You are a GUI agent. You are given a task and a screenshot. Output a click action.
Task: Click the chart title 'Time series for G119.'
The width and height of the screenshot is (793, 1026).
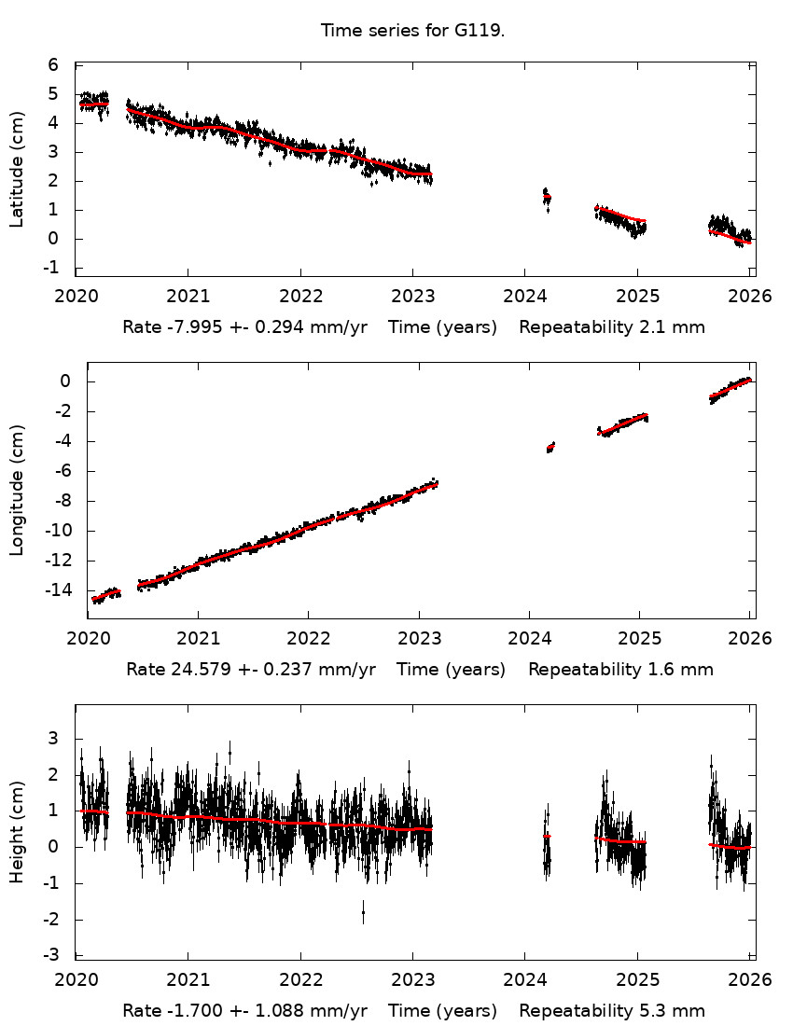412,31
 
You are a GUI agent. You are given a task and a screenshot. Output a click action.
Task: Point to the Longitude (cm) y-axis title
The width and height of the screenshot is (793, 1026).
17,491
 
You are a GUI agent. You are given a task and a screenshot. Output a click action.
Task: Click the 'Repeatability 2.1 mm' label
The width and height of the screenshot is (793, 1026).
612,327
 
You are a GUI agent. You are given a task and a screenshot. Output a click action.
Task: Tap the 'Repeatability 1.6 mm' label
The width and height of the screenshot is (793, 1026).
620,670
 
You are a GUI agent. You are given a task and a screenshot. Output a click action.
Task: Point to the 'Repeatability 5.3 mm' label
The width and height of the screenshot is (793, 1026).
612,1011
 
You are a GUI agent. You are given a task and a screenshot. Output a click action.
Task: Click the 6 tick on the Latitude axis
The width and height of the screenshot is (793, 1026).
53,65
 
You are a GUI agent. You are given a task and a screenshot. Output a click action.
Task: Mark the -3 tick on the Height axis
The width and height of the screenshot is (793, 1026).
53,955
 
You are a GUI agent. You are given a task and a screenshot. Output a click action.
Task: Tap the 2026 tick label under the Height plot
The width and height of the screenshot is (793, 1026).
751,980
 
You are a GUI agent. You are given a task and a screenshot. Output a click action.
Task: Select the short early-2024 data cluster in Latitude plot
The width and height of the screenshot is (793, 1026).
547,197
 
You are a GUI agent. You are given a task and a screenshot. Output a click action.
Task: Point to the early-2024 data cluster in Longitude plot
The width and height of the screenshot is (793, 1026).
550,448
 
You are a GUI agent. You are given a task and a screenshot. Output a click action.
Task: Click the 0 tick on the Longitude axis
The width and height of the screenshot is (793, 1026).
65,381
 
